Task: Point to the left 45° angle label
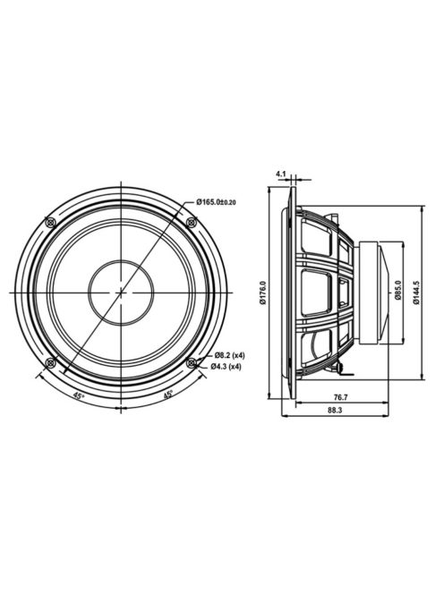click(x=79, y=395)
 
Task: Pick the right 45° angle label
click(x=167, y=395)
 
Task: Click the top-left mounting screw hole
click(x=51, y=220)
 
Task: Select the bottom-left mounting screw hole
click(x=51, y=361)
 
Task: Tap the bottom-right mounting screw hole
click(x=191, y=361)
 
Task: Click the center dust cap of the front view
click(x=121, y=292)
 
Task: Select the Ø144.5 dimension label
click(x=417, y=292)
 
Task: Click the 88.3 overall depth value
click(x=334, y=411)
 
